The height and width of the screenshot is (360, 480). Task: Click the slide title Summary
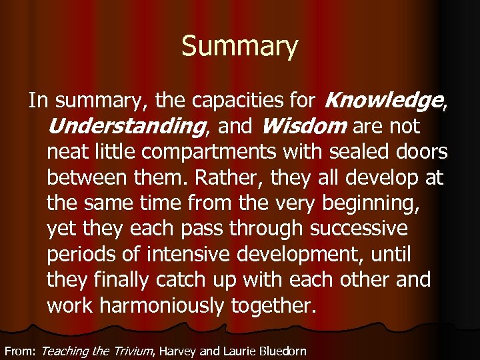(239, 47)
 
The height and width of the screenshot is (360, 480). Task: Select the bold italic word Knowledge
(383, 101)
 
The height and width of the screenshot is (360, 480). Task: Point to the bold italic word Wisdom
(304, 126)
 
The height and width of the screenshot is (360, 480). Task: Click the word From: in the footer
(20, 351)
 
